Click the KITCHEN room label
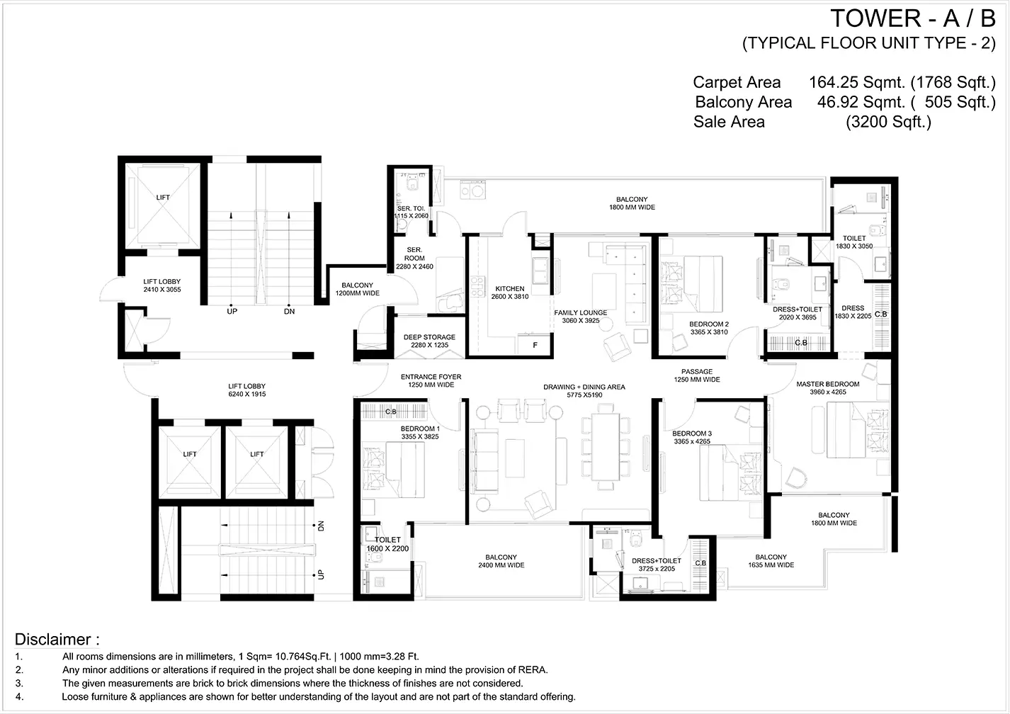(x=509, y=289)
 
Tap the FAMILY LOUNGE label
(x=580, y=312)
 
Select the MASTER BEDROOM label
(x=828, y=385)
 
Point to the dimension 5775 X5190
(x=584, y=395)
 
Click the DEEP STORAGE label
(x=429, y=337)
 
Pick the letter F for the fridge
(x=535, y=346)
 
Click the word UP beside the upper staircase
(x=232, y=312)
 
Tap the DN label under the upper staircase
(x=289, y=312)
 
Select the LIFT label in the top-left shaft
(x=163, y=198)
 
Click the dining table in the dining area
(x=606, y=446)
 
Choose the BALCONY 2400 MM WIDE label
(x=501, y=561)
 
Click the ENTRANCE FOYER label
(x=431, y=377)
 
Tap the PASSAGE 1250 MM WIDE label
(x=697, y=375)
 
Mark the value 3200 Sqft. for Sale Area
(x=888, y=122)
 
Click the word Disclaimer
(x=53, y=640)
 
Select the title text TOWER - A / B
(x=913, y=19)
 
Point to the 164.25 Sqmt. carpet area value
(x=857, y=83)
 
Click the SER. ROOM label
(x=414, y=254)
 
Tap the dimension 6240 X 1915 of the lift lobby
(x=247, y=395)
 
